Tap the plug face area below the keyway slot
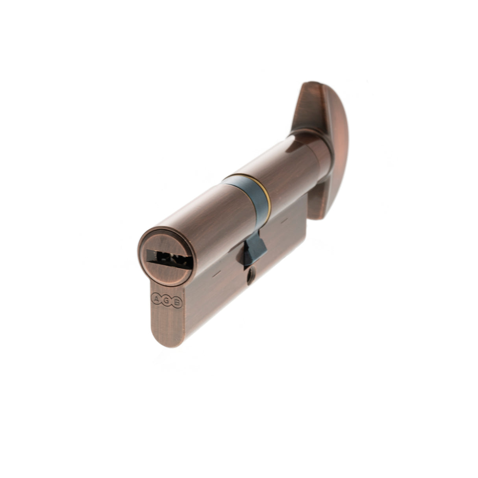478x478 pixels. (x=165, y=272)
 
